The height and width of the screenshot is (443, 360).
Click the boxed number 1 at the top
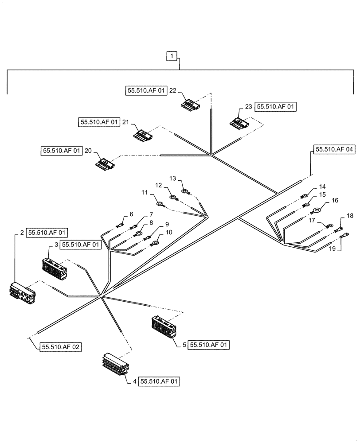pos(172,56)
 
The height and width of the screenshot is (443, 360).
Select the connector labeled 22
pos(190,105)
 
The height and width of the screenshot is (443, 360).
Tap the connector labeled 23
pos(237,122)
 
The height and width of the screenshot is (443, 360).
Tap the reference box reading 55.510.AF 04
pos(335,150)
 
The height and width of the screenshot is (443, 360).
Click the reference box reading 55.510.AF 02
pos(62,347)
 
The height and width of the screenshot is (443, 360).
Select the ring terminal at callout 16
pos(317,211)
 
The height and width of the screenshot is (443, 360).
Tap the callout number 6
pos(131,214)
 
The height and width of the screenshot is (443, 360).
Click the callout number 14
pos(322,187)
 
